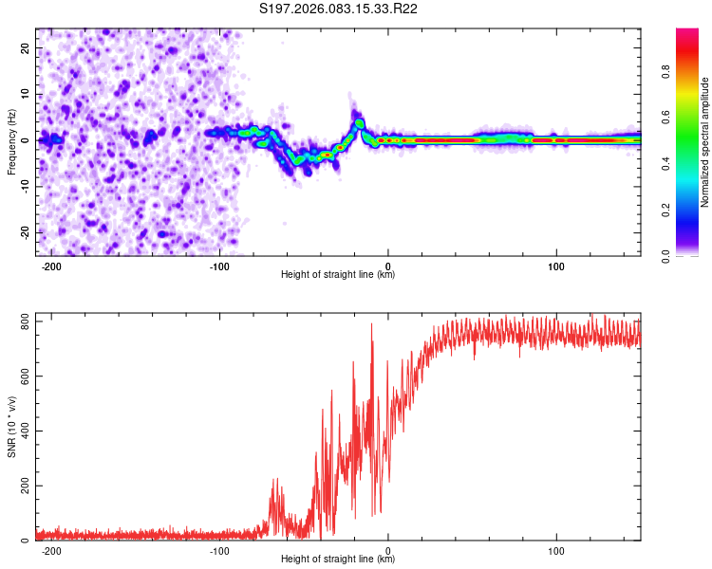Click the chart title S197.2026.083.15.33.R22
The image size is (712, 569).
(x=339, y=9)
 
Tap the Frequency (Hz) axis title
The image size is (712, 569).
(x=11, y=142)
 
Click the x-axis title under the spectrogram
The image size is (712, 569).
(x=338, y=275)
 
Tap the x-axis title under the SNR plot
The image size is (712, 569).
(x=338, y=560)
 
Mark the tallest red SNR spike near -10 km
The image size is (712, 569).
(x=371, y=325)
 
